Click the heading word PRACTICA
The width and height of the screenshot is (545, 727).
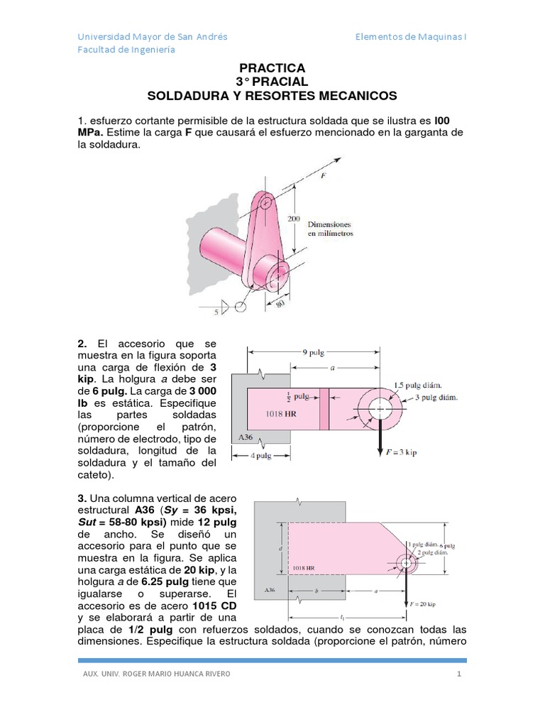272,68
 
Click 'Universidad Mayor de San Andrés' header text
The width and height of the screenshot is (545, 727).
152,37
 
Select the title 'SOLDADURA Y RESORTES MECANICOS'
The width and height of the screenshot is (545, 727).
272,95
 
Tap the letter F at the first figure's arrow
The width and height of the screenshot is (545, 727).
323,175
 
